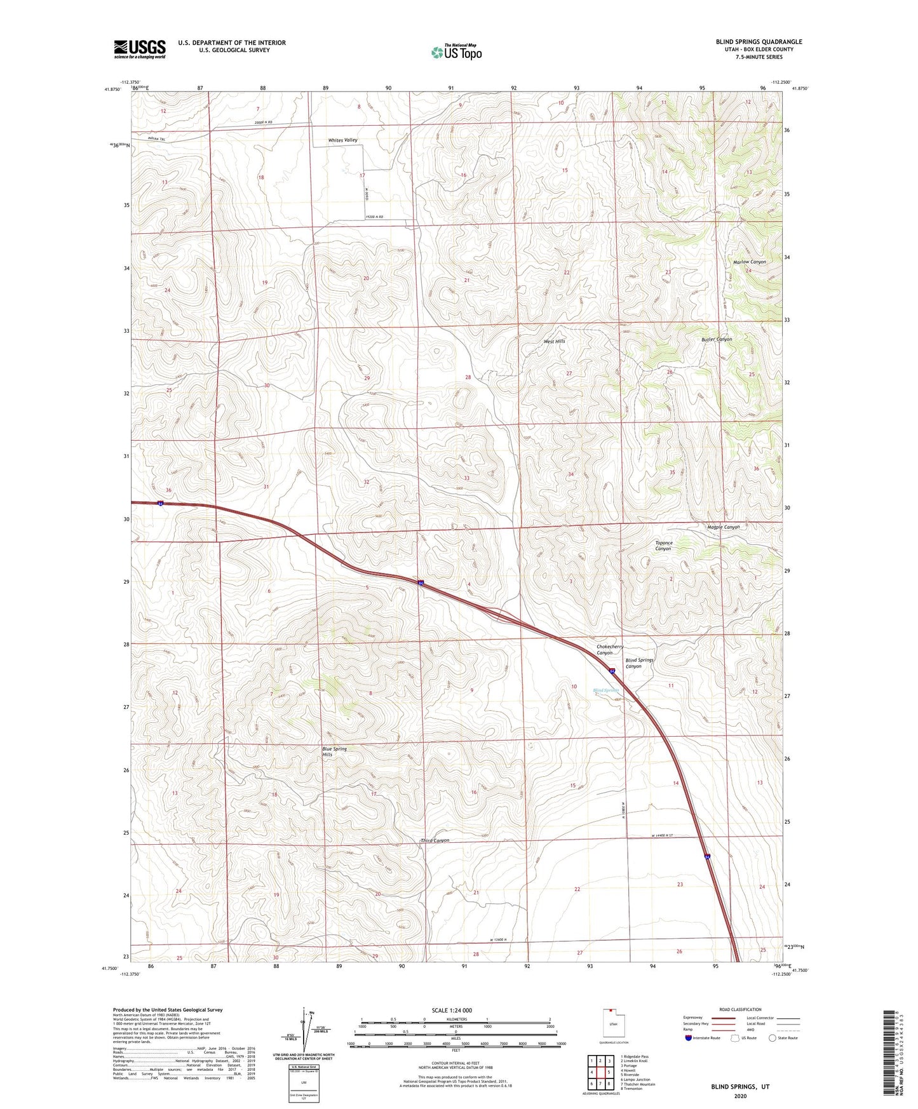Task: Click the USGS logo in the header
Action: click(140, 49)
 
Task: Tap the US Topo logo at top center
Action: click(456, 52)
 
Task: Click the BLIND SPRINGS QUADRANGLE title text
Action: click(759, 42)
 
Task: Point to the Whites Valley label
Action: click(342, 140)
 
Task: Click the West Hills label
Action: click(554, 341)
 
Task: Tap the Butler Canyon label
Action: click(717, 339)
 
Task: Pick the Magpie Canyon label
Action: click(724, 527)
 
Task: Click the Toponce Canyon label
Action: click(663, 546)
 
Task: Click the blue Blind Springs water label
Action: click(606, 690)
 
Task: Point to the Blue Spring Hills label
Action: click(334, 751)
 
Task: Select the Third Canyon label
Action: click(435, 840)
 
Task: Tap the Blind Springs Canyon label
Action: click(639, 663)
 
